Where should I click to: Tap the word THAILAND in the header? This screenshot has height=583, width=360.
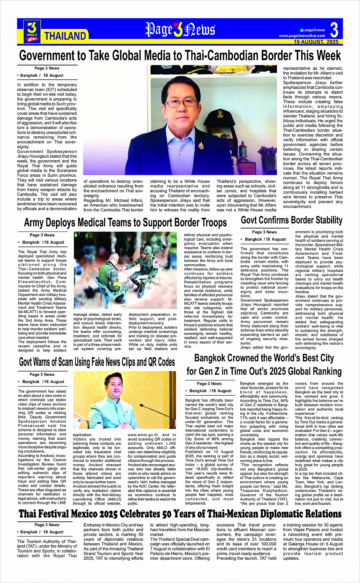[x=65, y=36]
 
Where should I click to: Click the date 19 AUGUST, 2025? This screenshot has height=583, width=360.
[x=316, y=42]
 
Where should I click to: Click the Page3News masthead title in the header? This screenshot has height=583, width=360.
[x=180, y=30]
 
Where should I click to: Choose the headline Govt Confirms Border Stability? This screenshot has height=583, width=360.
[x=291, y=220]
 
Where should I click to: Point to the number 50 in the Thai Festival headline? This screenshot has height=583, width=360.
[x=170, y=514]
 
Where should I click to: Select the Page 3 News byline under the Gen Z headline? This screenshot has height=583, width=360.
[x=209, y=383]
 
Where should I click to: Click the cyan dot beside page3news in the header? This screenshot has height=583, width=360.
[x=302, y=30]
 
